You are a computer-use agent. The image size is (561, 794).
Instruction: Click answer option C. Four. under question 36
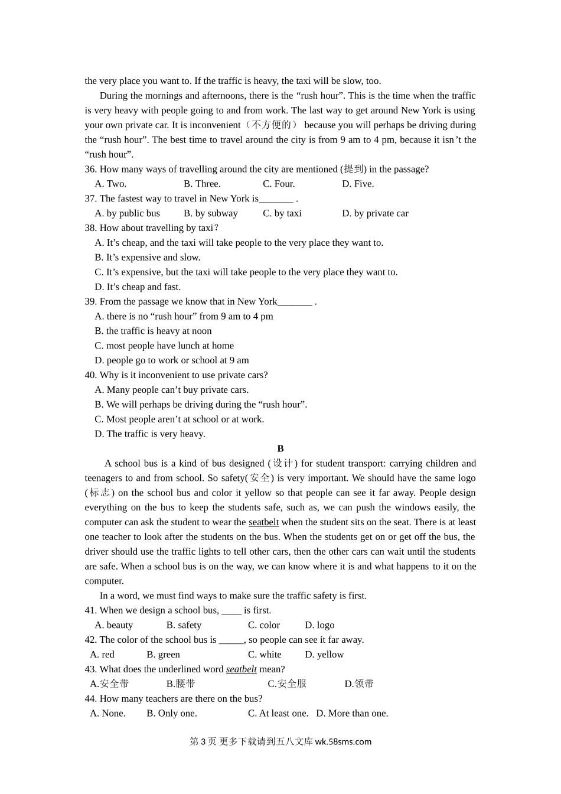(279, 184)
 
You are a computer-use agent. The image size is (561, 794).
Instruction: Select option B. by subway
(211, 213)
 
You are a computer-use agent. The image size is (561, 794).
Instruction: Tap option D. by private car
(375, 213)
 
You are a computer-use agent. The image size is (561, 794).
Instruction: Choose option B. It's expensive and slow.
(148, 258)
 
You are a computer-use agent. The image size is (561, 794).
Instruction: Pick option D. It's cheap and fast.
(138, 287)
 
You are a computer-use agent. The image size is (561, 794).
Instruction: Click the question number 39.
(90, 302)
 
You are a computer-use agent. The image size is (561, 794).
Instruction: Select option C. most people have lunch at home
(164, 346)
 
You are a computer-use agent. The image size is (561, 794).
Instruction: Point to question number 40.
(90, 375)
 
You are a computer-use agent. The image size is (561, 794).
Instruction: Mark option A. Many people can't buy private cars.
(172, 390)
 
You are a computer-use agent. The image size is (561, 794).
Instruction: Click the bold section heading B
(280, 449)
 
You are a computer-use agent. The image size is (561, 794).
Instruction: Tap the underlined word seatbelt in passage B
(263, 522)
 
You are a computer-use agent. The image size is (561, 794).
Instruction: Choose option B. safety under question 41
(184, 625)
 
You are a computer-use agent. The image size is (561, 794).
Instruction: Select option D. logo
(319, 625)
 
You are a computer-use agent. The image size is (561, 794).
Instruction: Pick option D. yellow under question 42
(324, 655)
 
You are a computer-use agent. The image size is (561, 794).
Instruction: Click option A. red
(102, 655)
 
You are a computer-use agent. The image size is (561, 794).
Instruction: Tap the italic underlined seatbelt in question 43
(242, 669)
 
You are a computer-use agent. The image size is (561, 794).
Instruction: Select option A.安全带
(109, 684)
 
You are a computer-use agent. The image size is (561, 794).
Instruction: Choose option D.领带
(359, 684)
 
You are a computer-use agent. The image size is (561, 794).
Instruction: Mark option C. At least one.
(278, 714)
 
